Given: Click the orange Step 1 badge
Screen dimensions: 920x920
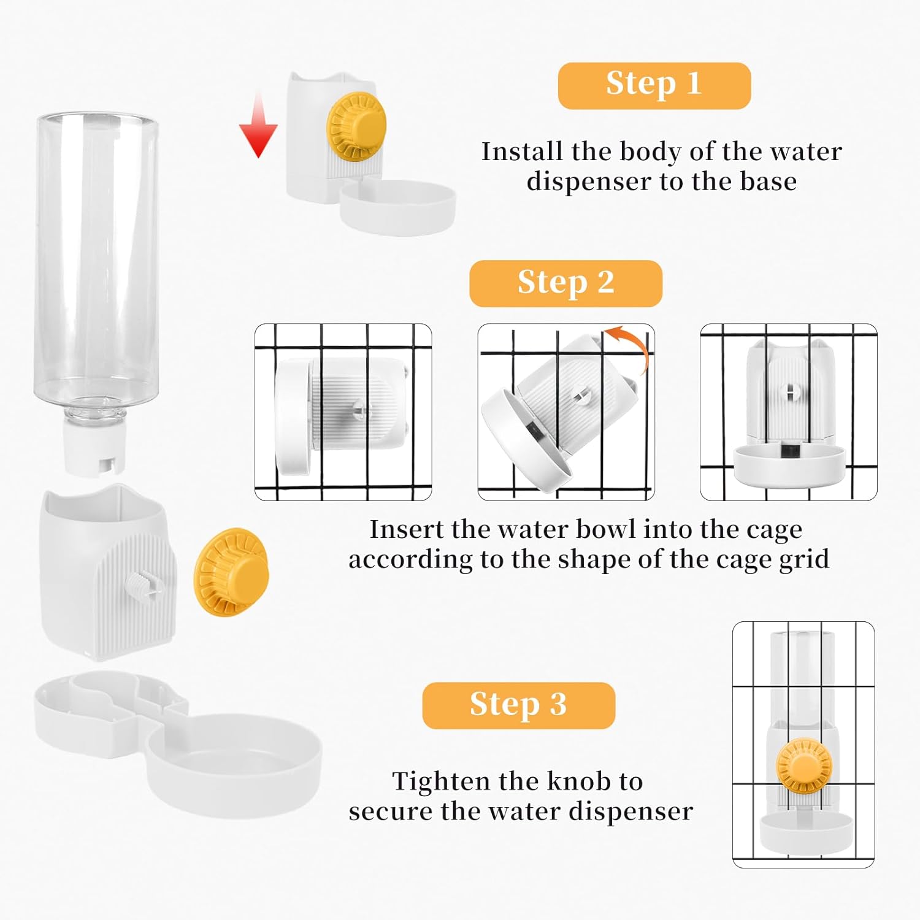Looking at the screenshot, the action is tap(654, 86).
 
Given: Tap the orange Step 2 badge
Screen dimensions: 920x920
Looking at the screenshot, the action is tap(565, 283).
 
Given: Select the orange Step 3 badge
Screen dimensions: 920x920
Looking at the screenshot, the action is tap(518, 705).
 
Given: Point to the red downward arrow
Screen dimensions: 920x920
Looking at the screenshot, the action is tap(258, 125).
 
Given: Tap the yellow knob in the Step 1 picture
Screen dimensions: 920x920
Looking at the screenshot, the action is tap(356, 128).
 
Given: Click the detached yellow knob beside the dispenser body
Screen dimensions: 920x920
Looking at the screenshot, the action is tap(231, 572).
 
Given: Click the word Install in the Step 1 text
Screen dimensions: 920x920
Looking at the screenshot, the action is tap(522, 151).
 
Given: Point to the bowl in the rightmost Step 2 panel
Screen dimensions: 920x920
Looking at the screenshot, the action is tap(789, 462).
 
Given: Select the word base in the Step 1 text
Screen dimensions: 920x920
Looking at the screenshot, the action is tap(769, 182).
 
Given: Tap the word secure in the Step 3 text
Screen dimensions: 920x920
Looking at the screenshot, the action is tap(391, 812).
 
